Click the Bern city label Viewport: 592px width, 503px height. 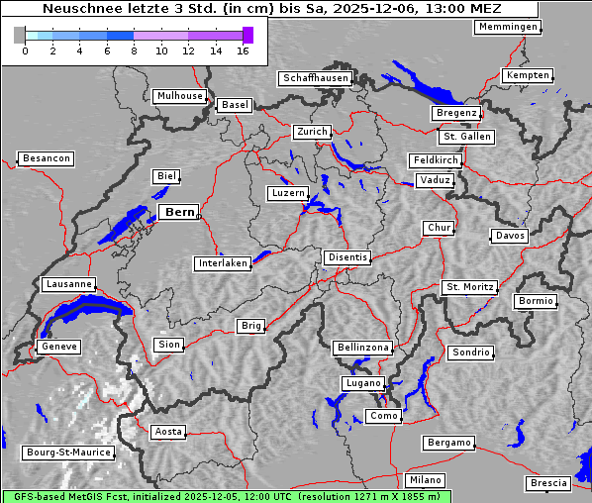pos(178,212)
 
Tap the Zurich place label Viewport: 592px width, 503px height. pos(312,132)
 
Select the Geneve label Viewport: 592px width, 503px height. pos(57,347)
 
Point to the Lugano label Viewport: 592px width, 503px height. pos(362,383)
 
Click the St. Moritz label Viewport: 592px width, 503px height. pos(469,287)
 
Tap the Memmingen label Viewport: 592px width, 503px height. pos(507,27)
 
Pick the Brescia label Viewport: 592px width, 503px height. pos(548,483)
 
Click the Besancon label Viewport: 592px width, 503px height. pos(46,158)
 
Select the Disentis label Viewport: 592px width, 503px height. pos(347,257)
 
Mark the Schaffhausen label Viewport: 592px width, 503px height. pos(315,77)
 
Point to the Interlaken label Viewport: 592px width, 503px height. pos(223,263)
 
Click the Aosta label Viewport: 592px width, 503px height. pos(167,432)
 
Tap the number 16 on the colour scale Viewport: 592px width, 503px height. pos(244,50)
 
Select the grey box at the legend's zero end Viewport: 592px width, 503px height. pos(20,35)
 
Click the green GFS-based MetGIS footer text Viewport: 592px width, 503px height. pos(226,496)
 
